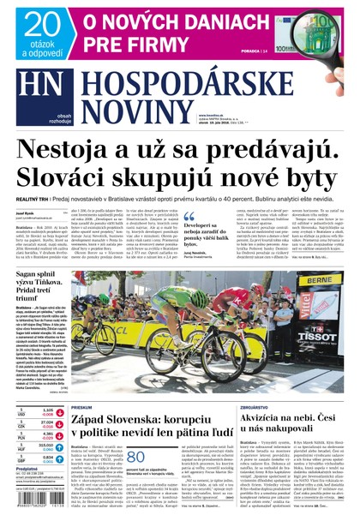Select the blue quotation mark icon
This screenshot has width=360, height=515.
[x=189, y=217]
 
